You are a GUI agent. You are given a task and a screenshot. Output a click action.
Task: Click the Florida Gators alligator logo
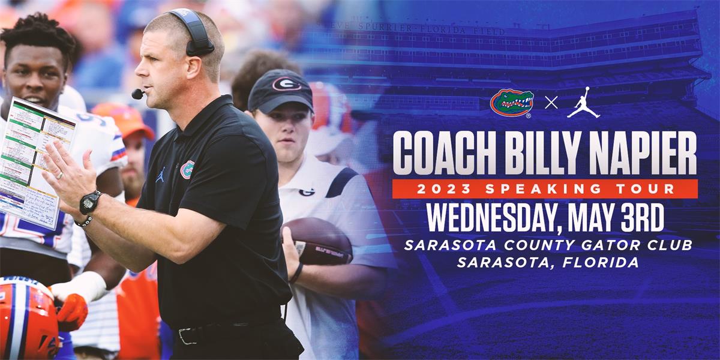coord(512,103)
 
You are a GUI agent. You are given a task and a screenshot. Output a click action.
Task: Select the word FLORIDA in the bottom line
coord(599,262)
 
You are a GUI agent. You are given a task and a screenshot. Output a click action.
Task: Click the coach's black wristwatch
coord(90,202)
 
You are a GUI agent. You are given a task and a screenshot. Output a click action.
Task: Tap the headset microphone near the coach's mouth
coord(137,94)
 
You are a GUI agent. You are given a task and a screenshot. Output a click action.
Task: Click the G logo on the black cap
coord(286,83)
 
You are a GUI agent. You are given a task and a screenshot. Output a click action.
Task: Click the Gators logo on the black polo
coord(187,170)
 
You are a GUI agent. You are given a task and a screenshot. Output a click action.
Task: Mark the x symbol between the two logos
coord(551,103)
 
